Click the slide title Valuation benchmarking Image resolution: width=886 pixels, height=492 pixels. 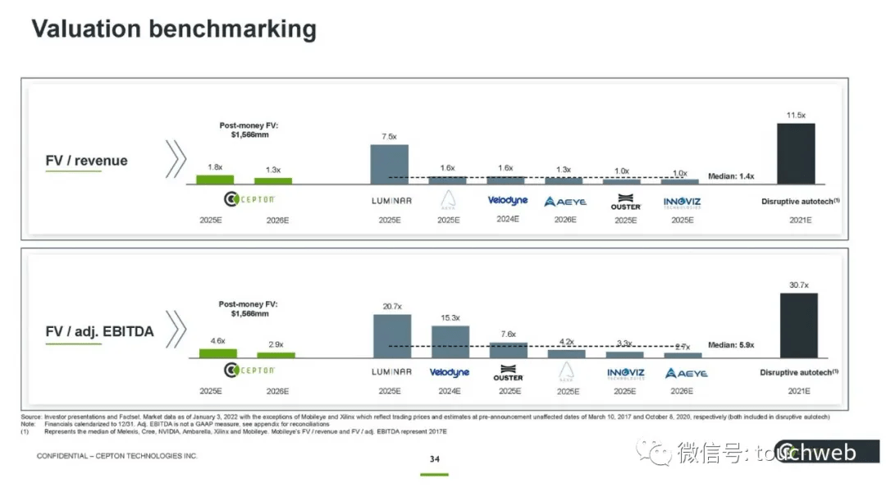(174, 30)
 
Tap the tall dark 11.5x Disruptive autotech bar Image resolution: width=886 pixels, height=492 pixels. (796, 153)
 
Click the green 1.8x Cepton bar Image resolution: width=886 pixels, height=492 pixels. (214, 179)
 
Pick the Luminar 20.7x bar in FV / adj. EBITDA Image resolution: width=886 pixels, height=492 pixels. (392, 336)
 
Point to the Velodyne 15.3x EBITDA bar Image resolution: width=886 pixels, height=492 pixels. (450, 342)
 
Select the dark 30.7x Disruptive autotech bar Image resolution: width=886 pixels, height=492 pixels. (798, 325)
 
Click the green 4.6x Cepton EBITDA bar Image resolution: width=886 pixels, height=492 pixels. (218, 353)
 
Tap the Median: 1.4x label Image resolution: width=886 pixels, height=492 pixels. (730, 176)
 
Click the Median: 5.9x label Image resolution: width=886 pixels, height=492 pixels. (731, 345)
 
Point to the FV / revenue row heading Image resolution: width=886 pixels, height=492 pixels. (86, 161)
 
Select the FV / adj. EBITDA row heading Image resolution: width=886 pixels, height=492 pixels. (99, 332)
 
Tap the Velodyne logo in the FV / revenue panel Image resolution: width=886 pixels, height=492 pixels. (507, 200)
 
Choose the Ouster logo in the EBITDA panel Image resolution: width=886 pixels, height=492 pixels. (508, 373)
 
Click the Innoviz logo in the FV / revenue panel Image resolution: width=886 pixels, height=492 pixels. (683, 201)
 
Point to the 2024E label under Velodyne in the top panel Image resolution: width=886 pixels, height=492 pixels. (507, 220)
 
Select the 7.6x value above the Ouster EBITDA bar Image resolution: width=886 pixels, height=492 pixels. (508, 334)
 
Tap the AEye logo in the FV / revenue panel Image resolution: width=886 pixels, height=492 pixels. (565, 201)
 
